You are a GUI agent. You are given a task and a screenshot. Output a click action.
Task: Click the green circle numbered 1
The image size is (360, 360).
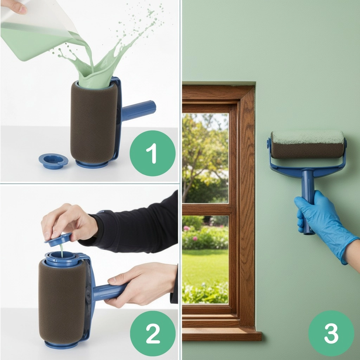[153, 153]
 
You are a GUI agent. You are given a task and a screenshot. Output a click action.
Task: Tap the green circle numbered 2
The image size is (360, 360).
[153, 334]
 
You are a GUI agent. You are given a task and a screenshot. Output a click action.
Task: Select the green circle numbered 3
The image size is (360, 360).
[331, 333]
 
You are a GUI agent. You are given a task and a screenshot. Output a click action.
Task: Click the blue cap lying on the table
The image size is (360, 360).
[53, 161]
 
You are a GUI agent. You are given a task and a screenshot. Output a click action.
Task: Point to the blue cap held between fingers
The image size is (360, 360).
[58, 239]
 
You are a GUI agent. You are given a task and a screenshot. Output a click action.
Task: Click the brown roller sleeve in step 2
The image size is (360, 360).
[62, 301]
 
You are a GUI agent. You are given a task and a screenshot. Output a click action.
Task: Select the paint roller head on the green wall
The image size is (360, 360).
[308, 144]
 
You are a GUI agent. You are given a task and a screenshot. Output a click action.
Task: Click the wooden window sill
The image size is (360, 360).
[222, 334]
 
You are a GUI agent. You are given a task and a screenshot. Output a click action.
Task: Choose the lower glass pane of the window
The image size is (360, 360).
[205, 259]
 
